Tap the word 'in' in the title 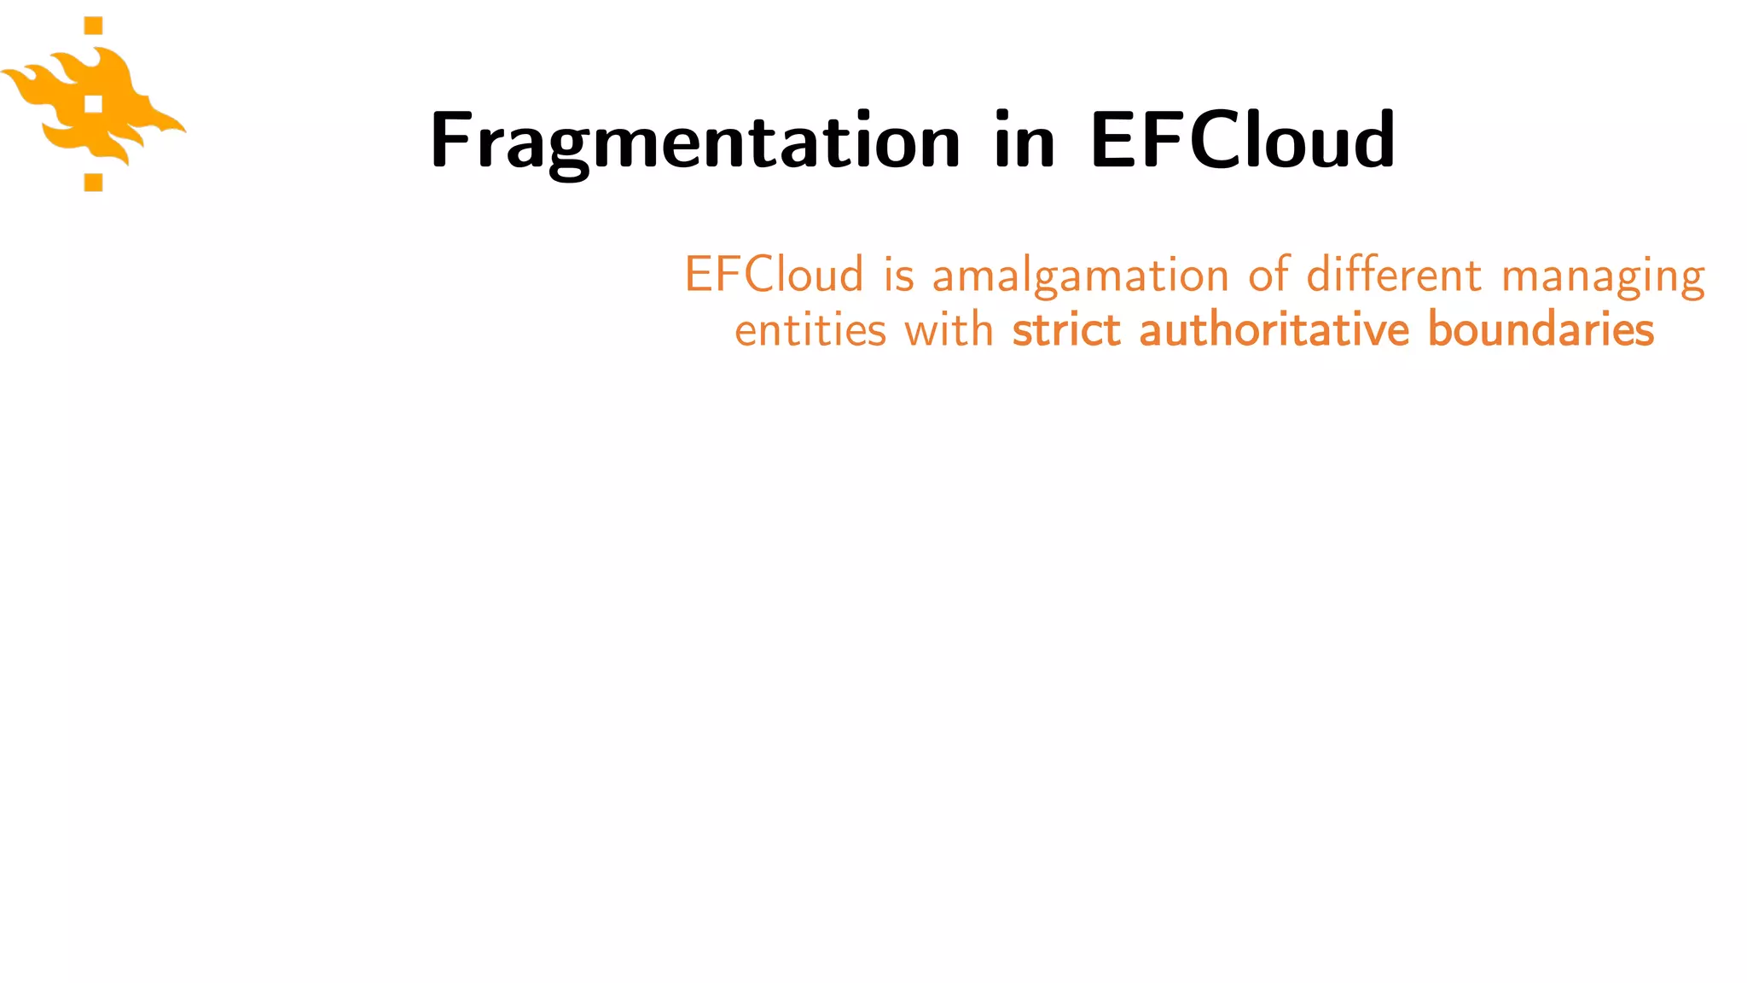(1024, 140)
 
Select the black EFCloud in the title (1242, 140)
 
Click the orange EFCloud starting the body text (774, 275)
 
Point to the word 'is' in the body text (898, 275)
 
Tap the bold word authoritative (1275, 330)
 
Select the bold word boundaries (1541, 330)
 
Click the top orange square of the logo (94, 26)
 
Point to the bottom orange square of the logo (94, 182)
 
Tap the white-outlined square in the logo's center (94, 104)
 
